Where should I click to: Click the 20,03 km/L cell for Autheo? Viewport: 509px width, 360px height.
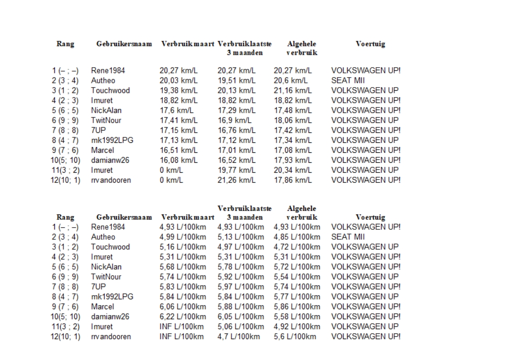(179, 81)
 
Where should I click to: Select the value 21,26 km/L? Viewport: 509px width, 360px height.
(237, 180)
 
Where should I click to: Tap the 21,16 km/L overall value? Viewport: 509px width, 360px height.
(293, 91)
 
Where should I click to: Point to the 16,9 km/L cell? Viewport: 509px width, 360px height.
(235, 121)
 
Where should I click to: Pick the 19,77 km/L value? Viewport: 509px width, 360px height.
(237, 170)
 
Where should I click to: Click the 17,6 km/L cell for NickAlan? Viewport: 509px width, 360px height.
(177, 111)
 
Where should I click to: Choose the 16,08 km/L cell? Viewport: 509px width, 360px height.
(179, 160)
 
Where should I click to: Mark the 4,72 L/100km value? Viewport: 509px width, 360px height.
(297, 247)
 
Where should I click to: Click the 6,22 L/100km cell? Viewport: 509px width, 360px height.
(183, 317)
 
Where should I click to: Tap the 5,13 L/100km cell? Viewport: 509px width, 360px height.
(241, 237)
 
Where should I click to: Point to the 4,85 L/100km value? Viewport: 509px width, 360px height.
(297, 237)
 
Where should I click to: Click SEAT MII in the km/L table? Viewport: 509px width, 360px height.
(349, 81)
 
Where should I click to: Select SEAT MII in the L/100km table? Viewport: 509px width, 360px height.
(349, 237)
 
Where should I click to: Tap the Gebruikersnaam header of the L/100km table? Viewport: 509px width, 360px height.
(124, 217)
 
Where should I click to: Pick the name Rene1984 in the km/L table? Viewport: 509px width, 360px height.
(108, 71)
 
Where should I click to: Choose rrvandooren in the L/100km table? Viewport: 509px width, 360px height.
(111, 337)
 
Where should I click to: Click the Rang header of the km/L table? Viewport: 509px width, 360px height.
(65, 44)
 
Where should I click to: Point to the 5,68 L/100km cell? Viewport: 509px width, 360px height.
(183, 267)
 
